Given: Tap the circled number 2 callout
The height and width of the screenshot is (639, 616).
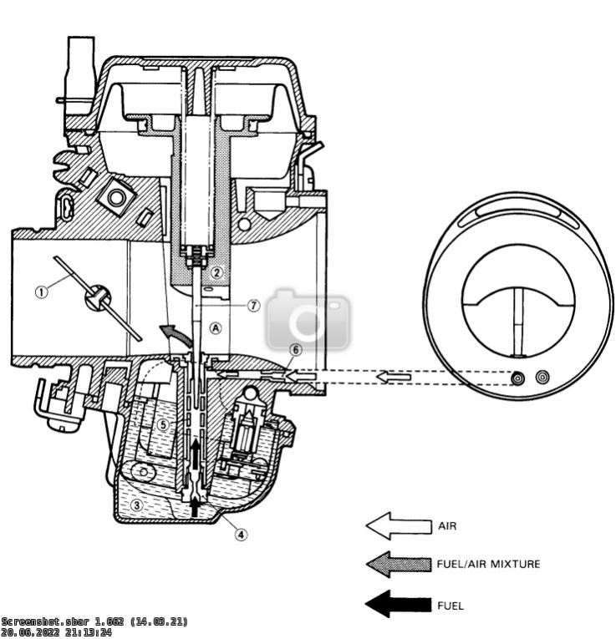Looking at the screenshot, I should point(216,271).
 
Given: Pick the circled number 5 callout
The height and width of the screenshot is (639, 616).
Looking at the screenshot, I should point(165,424).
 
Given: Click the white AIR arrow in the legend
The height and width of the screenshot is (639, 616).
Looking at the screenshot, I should point(395,527).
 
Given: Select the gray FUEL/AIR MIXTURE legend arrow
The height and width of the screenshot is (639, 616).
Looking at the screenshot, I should point(395,564).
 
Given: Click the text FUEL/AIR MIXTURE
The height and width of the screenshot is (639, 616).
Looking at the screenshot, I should point(488,564).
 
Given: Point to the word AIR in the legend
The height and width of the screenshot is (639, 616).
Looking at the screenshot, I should point(446,527).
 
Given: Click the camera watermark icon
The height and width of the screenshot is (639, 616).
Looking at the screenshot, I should point(308,321).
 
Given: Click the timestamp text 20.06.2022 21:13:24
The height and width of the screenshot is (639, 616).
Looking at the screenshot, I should point(56,633).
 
